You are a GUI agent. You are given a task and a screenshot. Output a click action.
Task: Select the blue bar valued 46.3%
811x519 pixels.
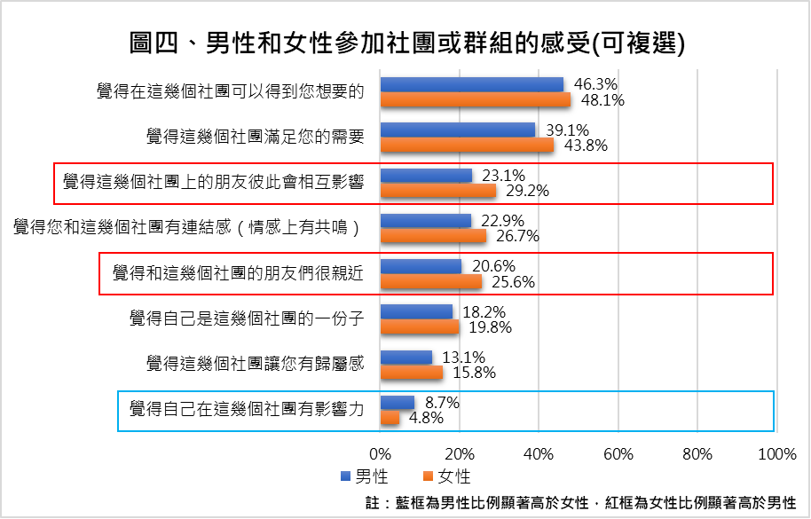pyautogui.click(x=472, y=84)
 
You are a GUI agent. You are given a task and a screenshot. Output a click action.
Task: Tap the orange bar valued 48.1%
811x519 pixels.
pyautogui.click(x=476, y=99)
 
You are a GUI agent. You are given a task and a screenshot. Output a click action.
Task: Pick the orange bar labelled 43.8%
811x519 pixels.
pyautogui.click(x=467, y=145)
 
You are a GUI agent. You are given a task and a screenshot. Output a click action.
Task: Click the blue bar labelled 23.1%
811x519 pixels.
pyautogui.click(x=426, y=176)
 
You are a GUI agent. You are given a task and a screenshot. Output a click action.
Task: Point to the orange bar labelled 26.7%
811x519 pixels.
pyautogui.click(x=433, y=236)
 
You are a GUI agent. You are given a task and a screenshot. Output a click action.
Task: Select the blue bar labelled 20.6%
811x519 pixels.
pyautogui.click(x=421, y=266)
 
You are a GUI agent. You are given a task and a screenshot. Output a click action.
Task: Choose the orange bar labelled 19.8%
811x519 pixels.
pyautogui.click(x=420, y=326)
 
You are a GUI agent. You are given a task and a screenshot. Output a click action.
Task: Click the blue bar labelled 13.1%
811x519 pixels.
pyautogui.click(x=406, y=358)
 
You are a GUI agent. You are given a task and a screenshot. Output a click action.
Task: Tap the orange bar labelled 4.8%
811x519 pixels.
pyautogui.click(x=390, y=418)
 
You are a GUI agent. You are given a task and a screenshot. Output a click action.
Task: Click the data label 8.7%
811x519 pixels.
pyautogui.click(x=440, y=403)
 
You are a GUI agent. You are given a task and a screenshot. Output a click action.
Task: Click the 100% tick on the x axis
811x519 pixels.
pyautogui.click(x=777, y=455)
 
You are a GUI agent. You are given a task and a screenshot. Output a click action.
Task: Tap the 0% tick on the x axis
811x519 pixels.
pyautogui.click(x=381, y=455)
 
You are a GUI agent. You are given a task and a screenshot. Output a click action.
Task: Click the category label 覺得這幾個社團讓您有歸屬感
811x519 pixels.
pyautogui.click(x=255, y=363)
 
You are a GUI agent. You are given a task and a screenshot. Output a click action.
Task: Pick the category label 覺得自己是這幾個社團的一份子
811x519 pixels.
pyautogui.click(x=246, y=318)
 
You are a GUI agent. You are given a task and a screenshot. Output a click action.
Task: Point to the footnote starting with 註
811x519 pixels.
pyautogui.click(x=581, y=502)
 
